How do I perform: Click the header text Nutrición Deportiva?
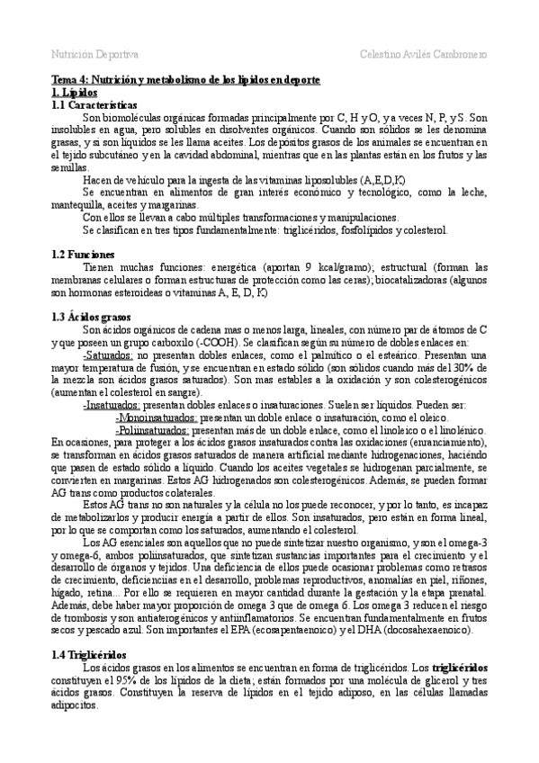click(94, 54)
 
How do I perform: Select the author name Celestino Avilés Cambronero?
click(423, 54)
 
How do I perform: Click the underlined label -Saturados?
click(108, 355)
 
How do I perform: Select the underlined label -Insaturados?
click(112, 405)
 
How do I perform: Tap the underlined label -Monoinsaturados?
click(157, 417)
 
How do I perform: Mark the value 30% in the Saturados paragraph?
click(463, 367)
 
